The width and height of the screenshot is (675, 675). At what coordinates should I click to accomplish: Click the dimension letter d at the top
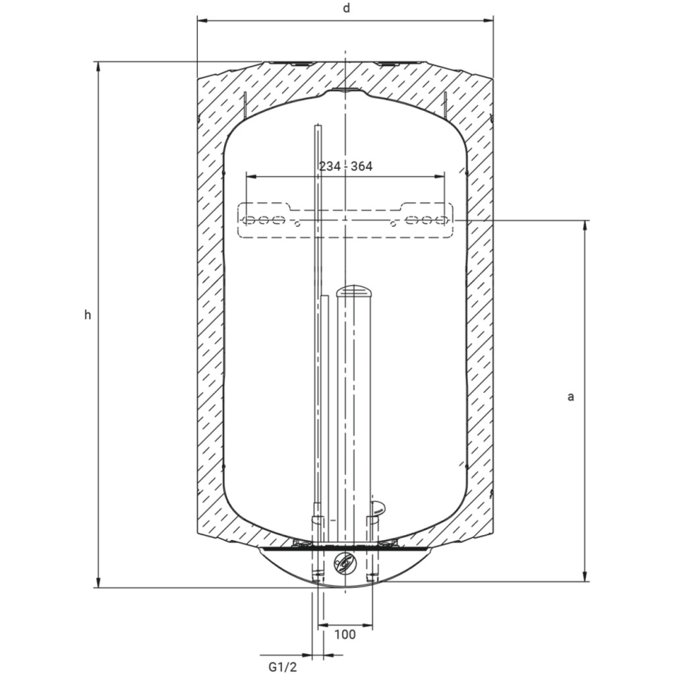347,8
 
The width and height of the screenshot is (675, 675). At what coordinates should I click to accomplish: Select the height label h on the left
88,315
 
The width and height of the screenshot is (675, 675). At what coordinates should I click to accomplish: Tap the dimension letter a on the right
571,397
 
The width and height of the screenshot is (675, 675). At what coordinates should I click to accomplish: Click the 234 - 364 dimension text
345,166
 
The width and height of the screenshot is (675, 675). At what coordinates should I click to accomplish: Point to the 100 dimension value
345,634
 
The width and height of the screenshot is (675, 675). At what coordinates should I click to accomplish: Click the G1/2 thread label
283,667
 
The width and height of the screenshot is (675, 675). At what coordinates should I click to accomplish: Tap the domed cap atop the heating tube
353,291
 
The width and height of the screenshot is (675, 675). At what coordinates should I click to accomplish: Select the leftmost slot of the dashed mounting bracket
249,220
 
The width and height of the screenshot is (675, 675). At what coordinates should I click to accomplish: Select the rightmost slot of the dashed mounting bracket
440,220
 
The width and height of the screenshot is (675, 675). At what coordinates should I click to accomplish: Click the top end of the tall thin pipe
318,126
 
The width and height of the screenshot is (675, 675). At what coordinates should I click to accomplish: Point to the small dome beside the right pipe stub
378,507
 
